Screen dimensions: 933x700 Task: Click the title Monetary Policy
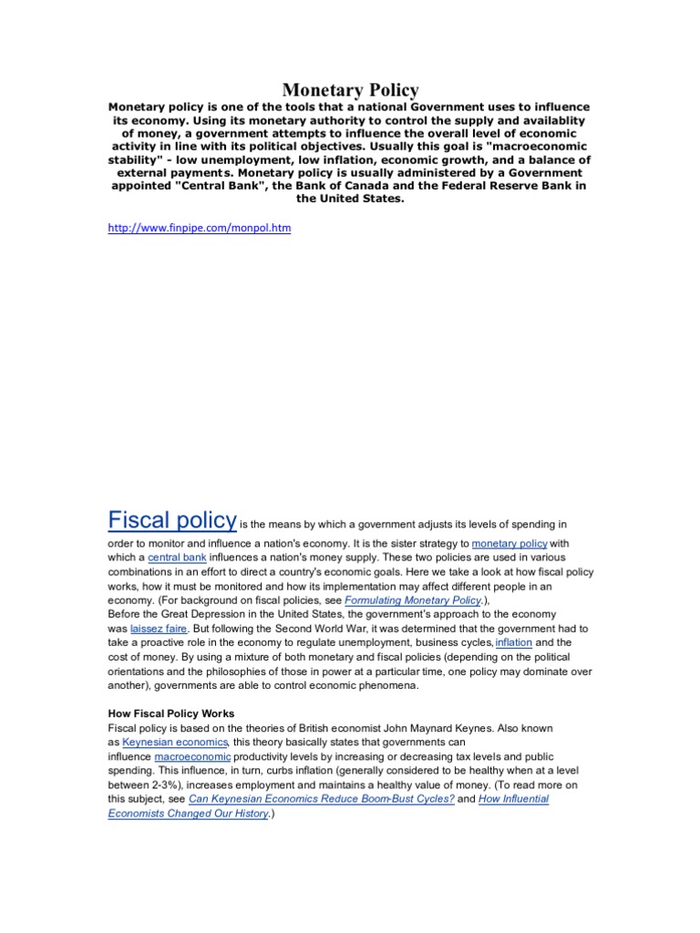coord(350,89)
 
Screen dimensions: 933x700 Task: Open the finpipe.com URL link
coord(200,228)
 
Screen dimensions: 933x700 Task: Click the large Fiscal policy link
coord(172,519)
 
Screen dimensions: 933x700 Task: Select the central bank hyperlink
coord(177,557)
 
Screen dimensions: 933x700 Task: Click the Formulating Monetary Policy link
coord(413,602)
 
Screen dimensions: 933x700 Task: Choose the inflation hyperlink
coord(513,643)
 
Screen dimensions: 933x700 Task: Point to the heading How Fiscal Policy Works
coord(170,713)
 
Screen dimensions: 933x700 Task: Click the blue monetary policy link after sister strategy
coord(510,543)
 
